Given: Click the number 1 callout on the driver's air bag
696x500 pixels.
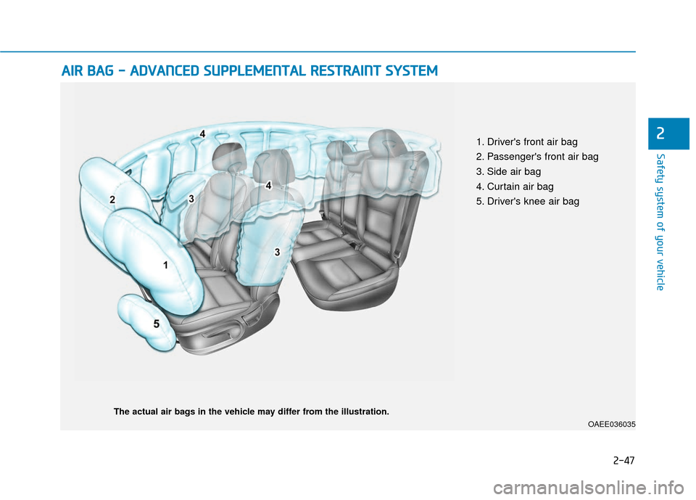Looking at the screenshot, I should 165,266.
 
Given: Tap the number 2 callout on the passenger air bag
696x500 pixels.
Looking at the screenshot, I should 112,198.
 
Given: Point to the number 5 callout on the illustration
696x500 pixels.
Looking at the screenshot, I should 156,325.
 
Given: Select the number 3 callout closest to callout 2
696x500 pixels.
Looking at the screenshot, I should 191,197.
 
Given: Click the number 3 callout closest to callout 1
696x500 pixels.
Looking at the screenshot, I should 277,251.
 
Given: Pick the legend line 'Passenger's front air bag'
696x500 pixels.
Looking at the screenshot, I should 536,157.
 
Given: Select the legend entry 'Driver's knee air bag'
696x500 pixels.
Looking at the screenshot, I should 527,201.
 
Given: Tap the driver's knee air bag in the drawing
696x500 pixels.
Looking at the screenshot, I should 145,319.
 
